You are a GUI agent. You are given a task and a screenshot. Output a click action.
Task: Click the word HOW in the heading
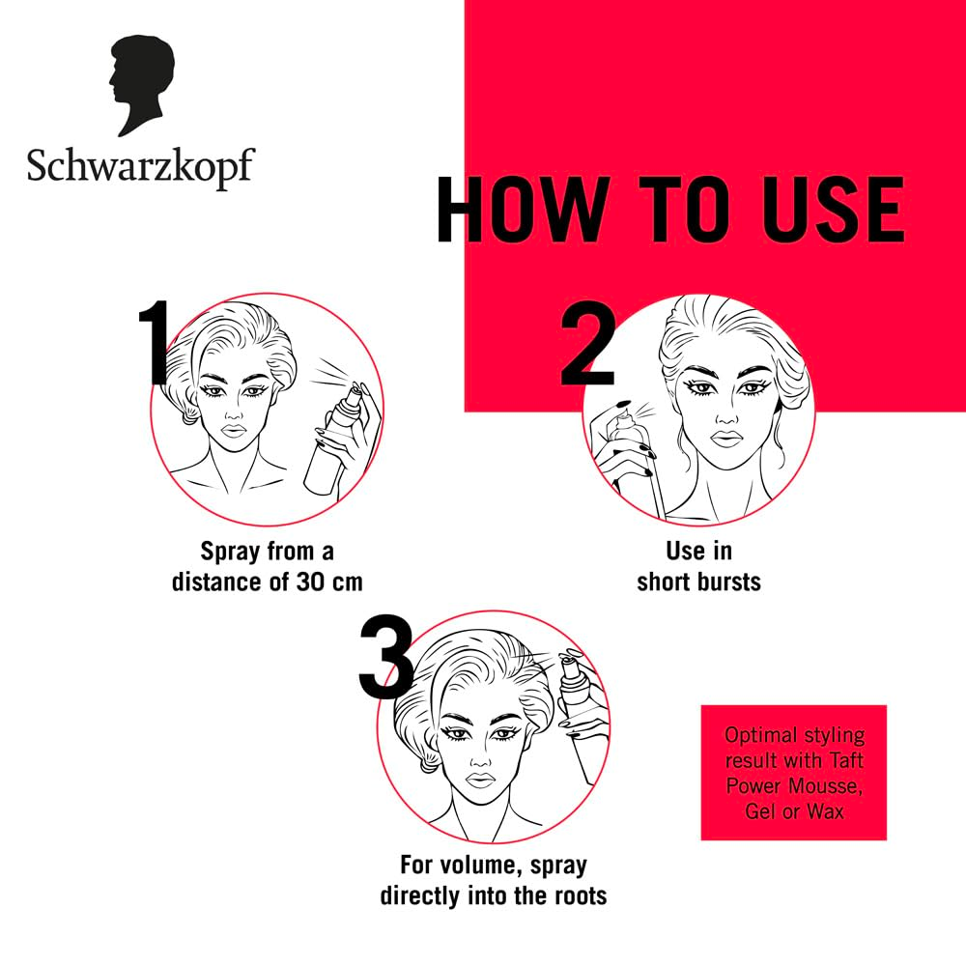pos(520,210)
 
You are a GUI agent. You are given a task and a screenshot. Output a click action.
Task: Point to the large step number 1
pos(154,342)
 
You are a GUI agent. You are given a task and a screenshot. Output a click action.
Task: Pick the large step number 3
pos(386,657)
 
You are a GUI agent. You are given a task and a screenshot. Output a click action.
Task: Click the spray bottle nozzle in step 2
pos(623,415)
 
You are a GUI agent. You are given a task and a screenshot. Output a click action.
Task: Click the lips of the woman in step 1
pos(234,430)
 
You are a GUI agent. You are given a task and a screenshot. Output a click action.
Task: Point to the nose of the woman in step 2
pos(726,414)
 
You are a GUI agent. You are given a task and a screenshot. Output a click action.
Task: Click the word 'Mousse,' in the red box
pos(826,786)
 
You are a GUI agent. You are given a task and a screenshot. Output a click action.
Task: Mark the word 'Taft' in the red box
pos(846,760)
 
